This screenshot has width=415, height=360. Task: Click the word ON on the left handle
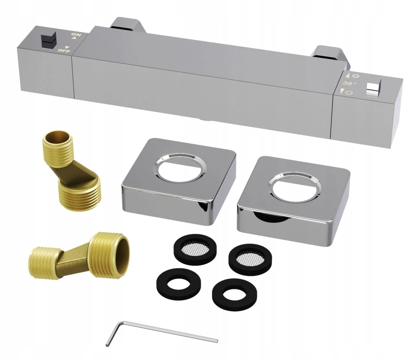point(76,35)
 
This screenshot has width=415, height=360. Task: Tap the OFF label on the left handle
point(65,50)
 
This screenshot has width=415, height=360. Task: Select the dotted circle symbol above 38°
point(356,76)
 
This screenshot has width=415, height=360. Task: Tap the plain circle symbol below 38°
point(349,92)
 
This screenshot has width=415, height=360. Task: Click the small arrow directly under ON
point(74,38)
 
